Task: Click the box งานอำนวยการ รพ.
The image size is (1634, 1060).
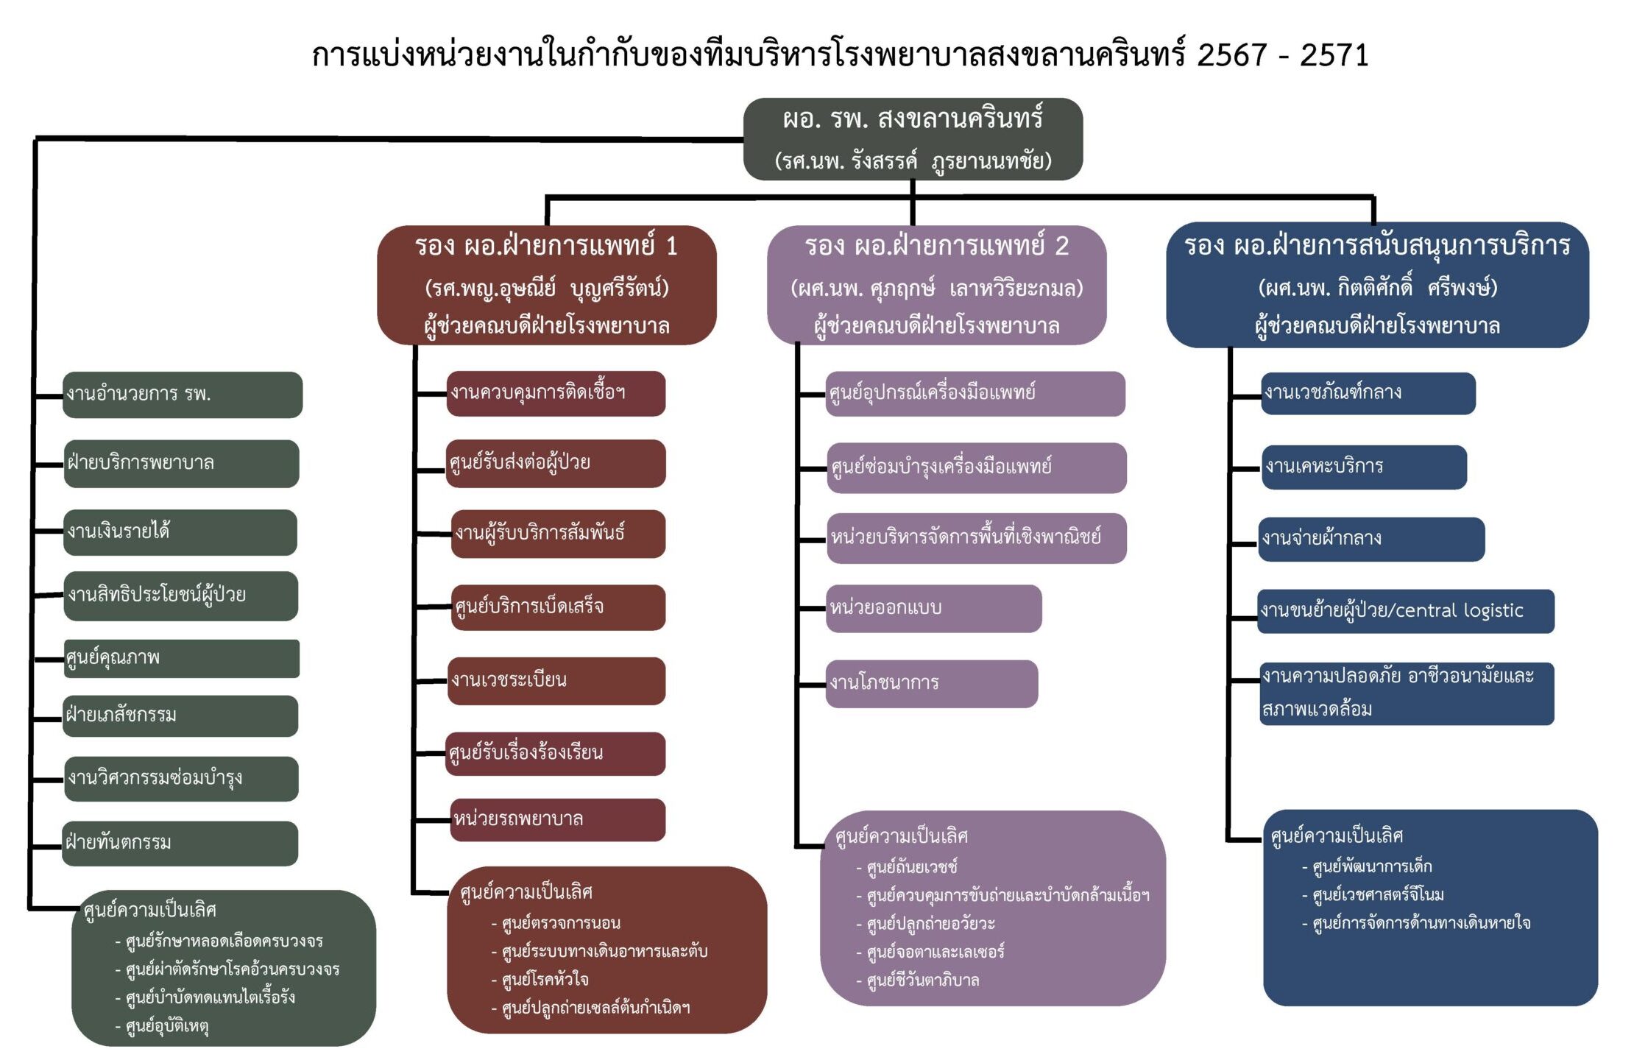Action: click(183, 395)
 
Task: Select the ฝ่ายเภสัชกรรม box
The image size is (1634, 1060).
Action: click(181, 715)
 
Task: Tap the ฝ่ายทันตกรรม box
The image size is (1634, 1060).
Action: click(181, 843)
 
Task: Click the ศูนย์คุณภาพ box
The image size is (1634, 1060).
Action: click(181, 658)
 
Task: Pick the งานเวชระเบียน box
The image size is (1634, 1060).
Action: click(556, 680)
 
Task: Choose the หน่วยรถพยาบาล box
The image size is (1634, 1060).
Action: click(558, 819)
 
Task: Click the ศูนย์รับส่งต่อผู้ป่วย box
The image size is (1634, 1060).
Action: click(556, 463)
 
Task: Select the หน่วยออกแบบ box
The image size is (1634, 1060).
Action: click(933, 608)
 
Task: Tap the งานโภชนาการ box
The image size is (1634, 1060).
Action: click(932, 683)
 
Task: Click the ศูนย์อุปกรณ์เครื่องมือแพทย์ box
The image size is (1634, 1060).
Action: click(975, 393)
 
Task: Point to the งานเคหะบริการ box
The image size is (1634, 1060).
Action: click(1364, 467)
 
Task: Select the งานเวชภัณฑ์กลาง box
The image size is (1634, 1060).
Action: click(1368, 393)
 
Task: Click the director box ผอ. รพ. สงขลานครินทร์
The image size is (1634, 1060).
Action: click(913, 138)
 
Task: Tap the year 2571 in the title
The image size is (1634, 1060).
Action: click(1334, 56)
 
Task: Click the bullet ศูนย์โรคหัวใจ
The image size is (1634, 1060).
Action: click(545, 980)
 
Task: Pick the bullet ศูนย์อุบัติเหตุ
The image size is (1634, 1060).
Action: click(167, 1026)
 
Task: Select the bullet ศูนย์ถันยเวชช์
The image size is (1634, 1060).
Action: click(912, 867)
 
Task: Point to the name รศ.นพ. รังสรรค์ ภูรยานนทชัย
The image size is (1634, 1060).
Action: click(913, 161)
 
